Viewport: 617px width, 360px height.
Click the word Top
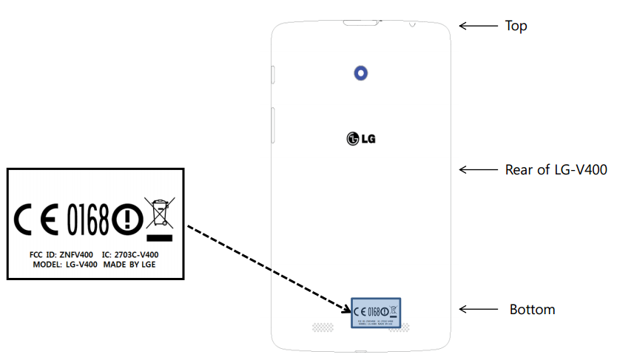pos(516,27)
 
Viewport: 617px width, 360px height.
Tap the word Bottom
pos(532,310)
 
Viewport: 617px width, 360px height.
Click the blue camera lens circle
pos(360,72)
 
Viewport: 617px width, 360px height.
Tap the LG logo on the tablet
pos(360,138)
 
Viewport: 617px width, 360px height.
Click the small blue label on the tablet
pos(374,313)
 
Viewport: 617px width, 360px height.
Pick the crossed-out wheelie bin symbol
pos(159,215)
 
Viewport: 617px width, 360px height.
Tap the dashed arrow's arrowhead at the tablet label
pos(348,307)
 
